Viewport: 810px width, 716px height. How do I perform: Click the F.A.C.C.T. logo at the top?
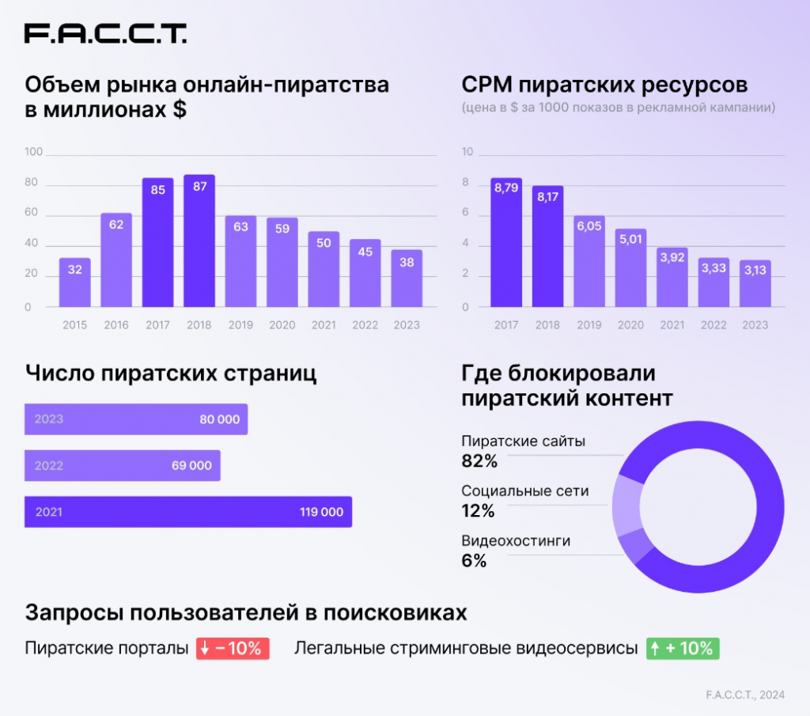coord(105,33)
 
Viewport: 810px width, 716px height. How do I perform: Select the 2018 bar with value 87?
coord(199,241)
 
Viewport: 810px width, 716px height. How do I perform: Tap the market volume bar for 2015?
coord(75,282)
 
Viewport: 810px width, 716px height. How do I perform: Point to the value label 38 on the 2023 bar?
coord(407,263)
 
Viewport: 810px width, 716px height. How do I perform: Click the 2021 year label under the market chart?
coord(323,325)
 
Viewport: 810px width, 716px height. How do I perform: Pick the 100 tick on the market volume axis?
coord(33,152)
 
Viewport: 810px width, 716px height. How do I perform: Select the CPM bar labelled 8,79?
coord(506,243)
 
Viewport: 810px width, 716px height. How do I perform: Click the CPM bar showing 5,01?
coord(630,268)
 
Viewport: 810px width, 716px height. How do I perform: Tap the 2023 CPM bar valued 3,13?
coord(755,283)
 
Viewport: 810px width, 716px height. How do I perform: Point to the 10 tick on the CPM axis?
coord(467,152)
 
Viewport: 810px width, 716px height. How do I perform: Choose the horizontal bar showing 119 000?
coord(187,512)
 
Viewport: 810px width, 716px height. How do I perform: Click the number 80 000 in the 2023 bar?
coord(219,419)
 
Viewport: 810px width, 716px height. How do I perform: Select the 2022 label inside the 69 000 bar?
coord(49,466)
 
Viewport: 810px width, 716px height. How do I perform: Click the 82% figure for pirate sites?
coord(479,461)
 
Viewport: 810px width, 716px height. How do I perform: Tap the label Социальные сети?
coord(524,491)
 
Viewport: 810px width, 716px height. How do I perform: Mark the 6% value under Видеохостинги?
coord(474,562)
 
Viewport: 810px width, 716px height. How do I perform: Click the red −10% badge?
coord(233,649)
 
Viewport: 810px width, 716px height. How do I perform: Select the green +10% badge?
coord(683,649)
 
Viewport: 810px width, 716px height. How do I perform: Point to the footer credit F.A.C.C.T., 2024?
coord(745,695)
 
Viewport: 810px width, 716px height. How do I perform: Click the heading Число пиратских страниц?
coord(171,373)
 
